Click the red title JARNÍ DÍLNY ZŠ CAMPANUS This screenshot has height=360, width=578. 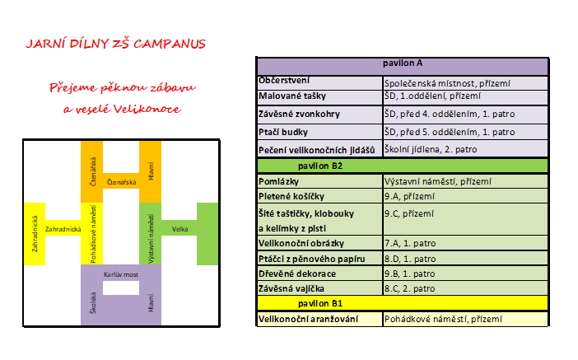(116, 44)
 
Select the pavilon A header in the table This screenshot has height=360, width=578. (403, 67)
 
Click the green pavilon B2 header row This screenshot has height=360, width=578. (403, 166)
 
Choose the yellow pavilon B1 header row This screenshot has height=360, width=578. (403, 303)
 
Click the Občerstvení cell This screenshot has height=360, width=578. (320, 82)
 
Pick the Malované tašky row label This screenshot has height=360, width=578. (320, 96)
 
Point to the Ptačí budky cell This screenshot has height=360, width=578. (320, 132)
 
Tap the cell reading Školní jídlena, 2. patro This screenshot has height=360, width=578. (465, 149)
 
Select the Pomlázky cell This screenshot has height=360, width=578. (320, 181)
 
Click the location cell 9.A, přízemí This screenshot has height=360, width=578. (465, 196)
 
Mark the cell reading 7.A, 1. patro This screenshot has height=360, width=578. (465, 243)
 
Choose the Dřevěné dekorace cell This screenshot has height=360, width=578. (320, 274)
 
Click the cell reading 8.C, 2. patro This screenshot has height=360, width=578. (465, 288)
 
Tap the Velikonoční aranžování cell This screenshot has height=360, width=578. (320, 319)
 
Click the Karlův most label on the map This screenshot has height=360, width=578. (121, 274)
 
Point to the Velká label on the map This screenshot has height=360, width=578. (179, 229)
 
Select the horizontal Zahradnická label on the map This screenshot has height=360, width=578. (63, 229)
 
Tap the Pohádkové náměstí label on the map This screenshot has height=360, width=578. (93, 234)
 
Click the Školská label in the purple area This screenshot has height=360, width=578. (93, 303)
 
